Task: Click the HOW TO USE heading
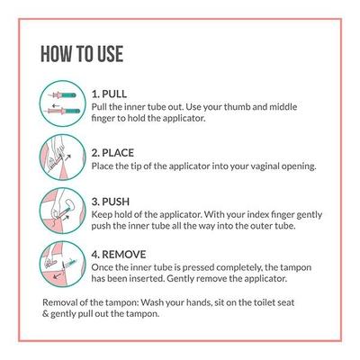tap(82, 54)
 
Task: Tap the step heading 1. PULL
tap(109, 94)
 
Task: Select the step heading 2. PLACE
tap(112, 153)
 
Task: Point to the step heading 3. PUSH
tap(111, 202)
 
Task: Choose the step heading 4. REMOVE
tap(119, 255)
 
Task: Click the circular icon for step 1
tap(63, 103)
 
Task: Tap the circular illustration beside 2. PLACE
tap(63, 157)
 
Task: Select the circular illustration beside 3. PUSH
tap(63, 211)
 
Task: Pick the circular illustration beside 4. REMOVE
tap(63, 265)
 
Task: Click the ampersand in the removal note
tap(45, 314)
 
